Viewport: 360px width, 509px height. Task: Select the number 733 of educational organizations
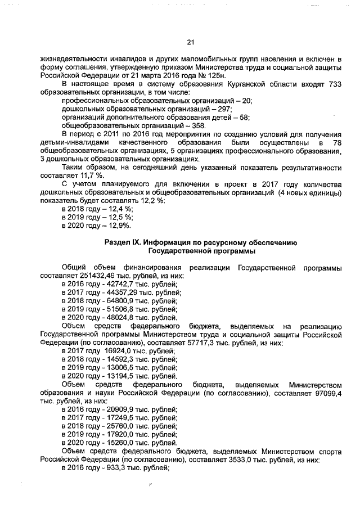point(335,84)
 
